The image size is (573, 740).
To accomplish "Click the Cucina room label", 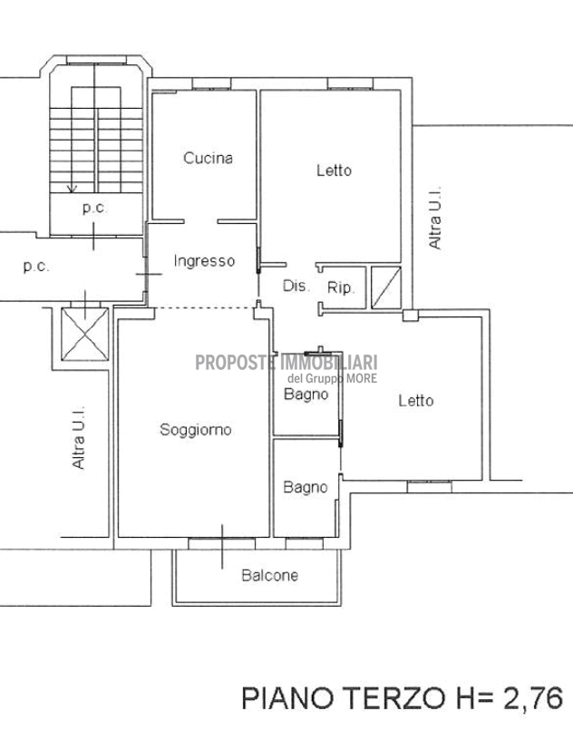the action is [x=208, y=158].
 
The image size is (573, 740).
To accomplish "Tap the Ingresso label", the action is [x=204, y=261].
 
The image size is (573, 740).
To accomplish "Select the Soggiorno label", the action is [x=196, y=430].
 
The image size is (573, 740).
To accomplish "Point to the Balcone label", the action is [x=269, y=575].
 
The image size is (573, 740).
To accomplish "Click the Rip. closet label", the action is [x=341, y=287].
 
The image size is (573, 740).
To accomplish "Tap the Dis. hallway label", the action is [x=296, y=286].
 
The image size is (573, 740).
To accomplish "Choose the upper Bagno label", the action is [x=306, y=394].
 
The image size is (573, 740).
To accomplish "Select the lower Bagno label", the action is [x=306, y=487].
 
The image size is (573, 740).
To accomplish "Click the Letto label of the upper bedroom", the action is [x=334, y=170].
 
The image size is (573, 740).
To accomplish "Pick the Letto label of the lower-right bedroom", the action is [x=416, y=401].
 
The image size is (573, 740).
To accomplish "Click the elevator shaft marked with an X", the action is [x=85, y=334].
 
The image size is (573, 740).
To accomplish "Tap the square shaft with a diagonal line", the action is [x=386, y=287].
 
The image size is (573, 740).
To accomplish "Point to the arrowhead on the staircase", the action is [x=72, y=189].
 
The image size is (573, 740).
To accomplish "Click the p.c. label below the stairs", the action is [x=94, y=208].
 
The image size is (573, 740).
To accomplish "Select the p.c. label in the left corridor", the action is [x=36, y=267].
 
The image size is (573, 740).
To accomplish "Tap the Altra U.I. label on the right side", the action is [x=434, y=218].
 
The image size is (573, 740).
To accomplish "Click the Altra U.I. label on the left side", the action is [x=78, y=437].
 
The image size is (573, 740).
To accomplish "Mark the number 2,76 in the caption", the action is [x=533, y=697].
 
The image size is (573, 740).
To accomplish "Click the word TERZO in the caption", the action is [x=393, y=697].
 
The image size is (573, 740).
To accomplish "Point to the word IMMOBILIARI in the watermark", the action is [x=329, y=363].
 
